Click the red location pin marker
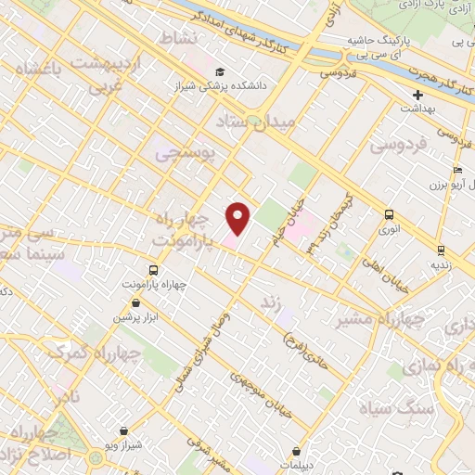point(238,218)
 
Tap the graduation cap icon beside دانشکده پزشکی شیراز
point(220,71)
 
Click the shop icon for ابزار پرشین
point(136,302)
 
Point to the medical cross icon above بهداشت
point(418,94)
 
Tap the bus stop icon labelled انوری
point(388,214)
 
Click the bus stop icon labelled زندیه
point(441,250)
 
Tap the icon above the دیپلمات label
point(296,451)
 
